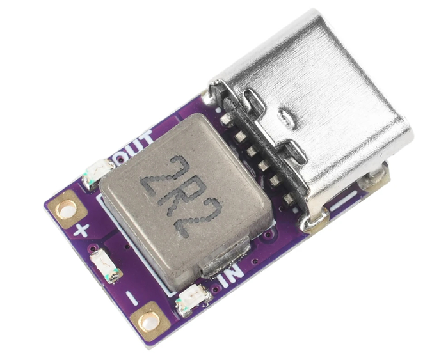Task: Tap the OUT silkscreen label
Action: pos(134,146)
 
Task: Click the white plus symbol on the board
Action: pos(81,230)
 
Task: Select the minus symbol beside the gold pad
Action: pos(132,298)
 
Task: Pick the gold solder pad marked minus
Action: pos(149,322)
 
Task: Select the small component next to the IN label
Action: pos(195,300)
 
